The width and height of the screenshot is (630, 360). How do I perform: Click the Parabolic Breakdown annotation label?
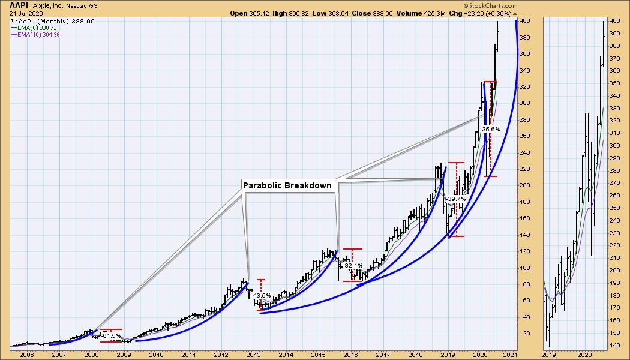point(287,185)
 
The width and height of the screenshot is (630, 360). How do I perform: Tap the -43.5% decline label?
point(262,296)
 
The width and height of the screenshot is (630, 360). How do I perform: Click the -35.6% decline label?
point(490,129)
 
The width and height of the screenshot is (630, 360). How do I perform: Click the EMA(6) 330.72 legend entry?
point(39,28)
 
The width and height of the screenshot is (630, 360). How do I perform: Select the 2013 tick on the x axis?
point(253,354)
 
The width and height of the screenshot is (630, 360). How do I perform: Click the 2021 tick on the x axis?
point(512,354)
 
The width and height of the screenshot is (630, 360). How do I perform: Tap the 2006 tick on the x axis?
point(26,354)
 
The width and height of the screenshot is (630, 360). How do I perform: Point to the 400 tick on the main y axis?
point(525,21)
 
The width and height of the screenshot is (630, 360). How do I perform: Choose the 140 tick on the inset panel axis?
point(614,346)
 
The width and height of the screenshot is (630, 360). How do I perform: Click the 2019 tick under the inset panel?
point(551,354)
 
